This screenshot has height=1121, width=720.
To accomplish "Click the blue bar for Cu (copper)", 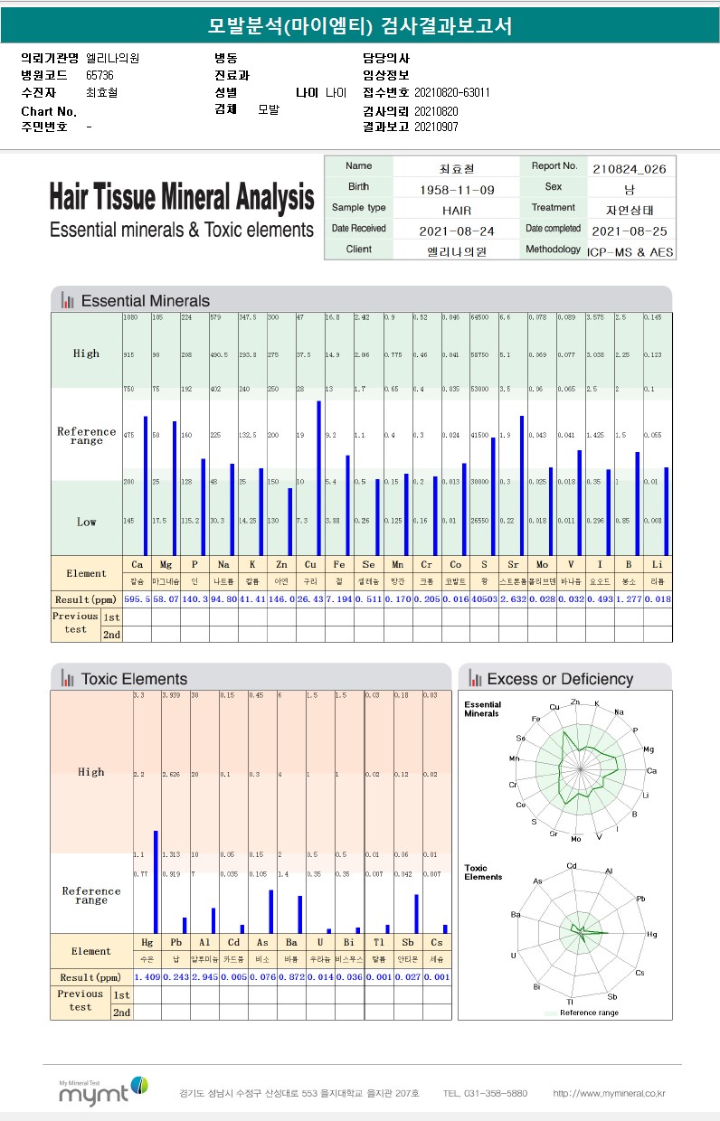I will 318,477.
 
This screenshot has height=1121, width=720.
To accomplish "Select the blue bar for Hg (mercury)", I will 156,881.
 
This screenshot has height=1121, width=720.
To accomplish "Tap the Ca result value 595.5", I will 137,598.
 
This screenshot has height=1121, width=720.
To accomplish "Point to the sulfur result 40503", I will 484,598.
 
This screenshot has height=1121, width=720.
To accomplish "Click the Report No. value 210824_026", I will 630,168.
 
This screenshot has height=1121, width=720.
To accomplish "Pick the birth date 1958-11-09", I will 457,189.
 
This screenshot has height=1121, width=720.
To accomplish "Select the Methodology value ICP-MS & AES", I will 630,251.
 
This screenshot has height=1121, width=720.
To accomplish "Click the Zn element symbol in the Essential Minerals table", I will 282,563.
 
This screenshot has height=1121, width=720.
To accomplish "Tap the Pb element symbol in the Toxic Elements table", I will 175,942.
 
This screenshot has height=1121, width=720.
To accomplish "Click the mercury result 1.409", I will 147,977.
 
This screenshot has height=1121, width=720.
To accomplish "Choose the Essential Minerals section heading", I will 145,301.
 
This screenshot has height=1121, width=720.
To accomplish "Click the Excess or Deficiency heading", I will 560,679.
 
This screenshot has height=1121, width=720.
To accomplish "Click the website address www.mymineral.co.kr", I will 609,1093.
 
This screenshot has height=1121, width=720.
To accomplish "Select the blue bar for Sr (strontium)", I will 522,485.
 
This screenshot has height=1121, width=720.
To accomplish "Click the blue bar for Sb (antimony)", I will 416,913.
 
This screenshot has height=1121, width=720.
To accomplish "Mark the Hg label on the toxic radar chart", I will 651,933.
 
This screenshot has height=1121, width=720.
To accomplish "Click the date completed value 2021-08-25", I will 630,230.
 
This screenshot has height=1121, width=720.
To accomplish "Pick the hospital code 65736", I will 99,75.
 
